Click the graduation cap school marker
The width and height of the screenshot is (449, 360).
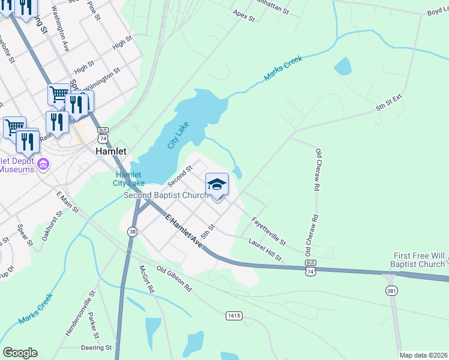[217, 184]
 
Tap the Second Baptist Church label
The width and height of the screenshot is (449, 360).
[165, 196]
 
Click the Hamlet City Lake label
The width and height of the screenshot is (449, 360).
[130, 179]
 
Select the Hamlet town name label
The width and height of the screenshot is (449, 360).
[111, 152]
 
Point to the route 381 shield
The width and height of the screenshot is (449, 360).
[390, 290]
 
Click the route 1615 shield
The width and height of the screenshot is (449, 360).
[234, 315]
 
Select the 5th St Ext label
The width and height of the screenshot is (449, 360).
[388, 102]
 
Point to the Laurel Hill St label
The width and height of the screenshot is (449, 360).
[265, 249]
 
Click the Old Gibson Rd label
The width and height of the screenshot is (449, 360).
[174, 279]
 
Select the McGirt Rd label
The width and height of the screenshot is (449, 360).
[147, 279]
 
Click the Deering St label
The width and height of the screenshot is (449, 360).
[96, 347]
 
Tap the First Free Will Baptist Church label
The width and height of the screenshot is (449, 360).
[419, 260]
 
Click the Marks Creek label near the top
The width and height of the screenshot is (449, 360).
[283, 70]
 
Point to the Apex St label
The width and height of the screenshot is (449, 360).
[244, 15]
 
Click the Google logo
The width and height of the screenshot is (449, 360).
[20, 353]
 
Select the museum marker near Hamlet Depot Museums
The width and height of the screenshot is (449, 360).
[43, 164]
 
